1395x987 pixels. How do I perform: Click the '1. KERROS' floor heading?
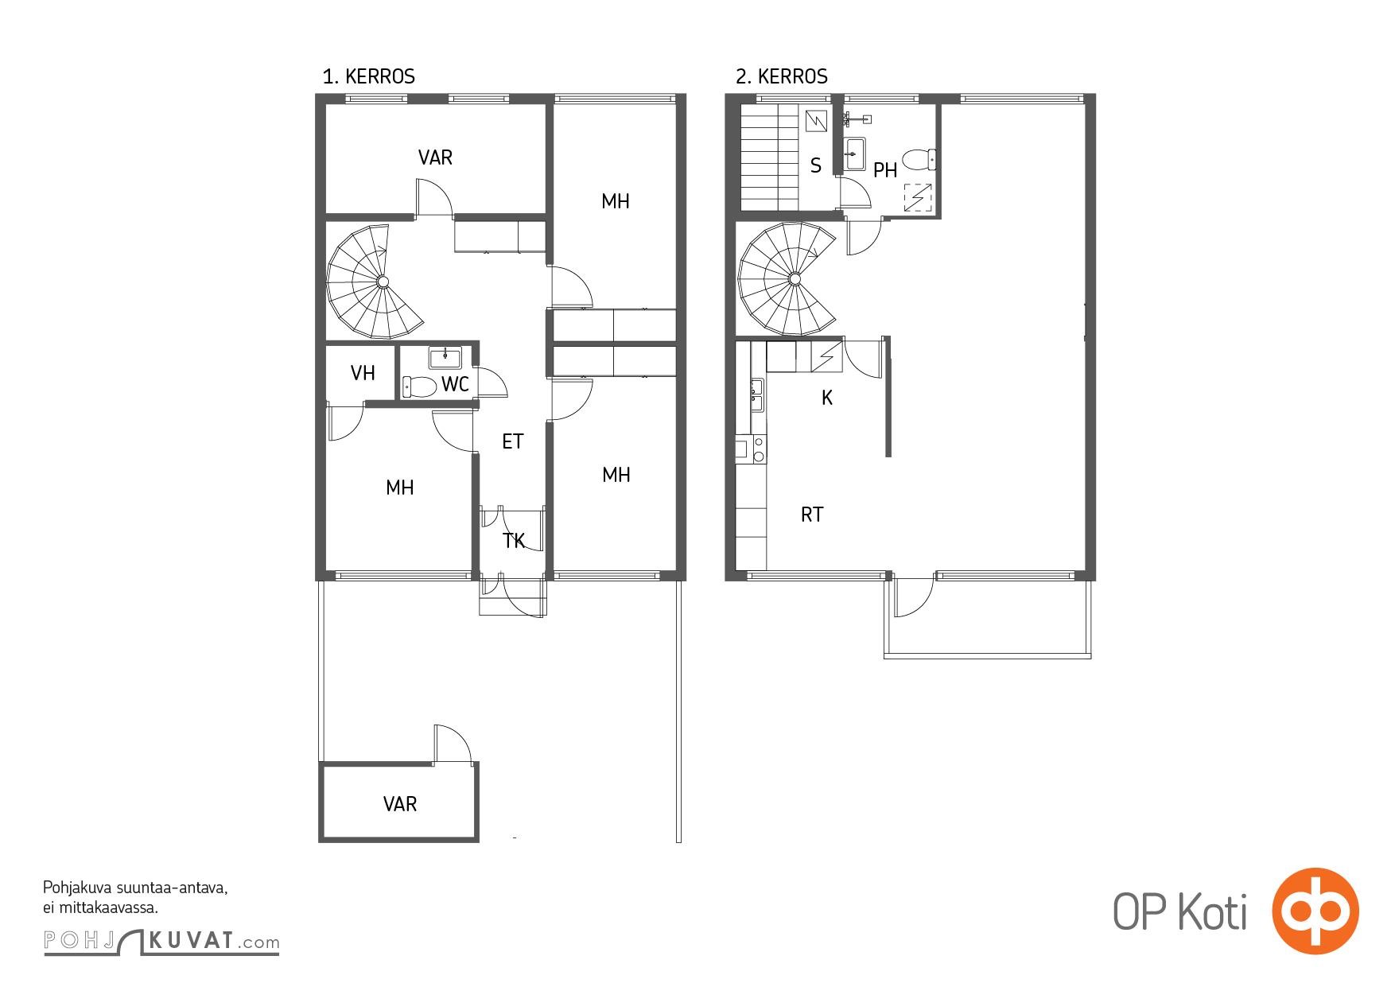(x=368, y=76)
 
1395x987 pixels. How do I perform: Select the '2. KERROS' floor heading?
(x=781, y=76)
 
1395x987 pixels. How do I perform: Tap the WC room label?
(x=455, y=385)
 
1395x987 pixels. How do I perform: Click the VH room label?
(x=363, y=373)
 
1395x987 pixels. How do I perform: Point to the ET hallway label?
(x=513, y=441)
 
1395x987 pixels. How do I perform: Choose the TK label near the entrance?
(x=514, y=542)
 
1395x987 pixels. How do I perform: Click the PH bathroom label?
(x=885, y=170)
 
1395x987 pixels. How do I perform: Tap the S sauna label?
(x=816, y=166)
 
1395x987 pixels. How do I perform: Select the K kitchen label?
(x=827, y=398)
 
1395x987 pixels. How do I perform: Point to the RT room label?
(x=812, y=515)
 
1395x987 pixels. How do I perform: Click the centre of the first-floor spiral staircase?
(x=383, y=281)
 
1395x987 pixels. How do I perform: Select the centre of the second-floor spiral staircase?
(x=795, y=278)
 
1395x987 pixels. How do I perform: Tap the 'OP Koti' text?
(x=1179, y=912)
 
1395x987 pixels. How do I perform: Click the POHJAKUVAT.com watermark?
(x=161, y=942)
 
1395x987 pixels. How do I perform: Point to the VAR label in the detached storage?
(x=400, y=804)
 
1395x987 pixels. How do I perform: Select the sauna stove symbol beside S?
(x=817, y=121)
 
